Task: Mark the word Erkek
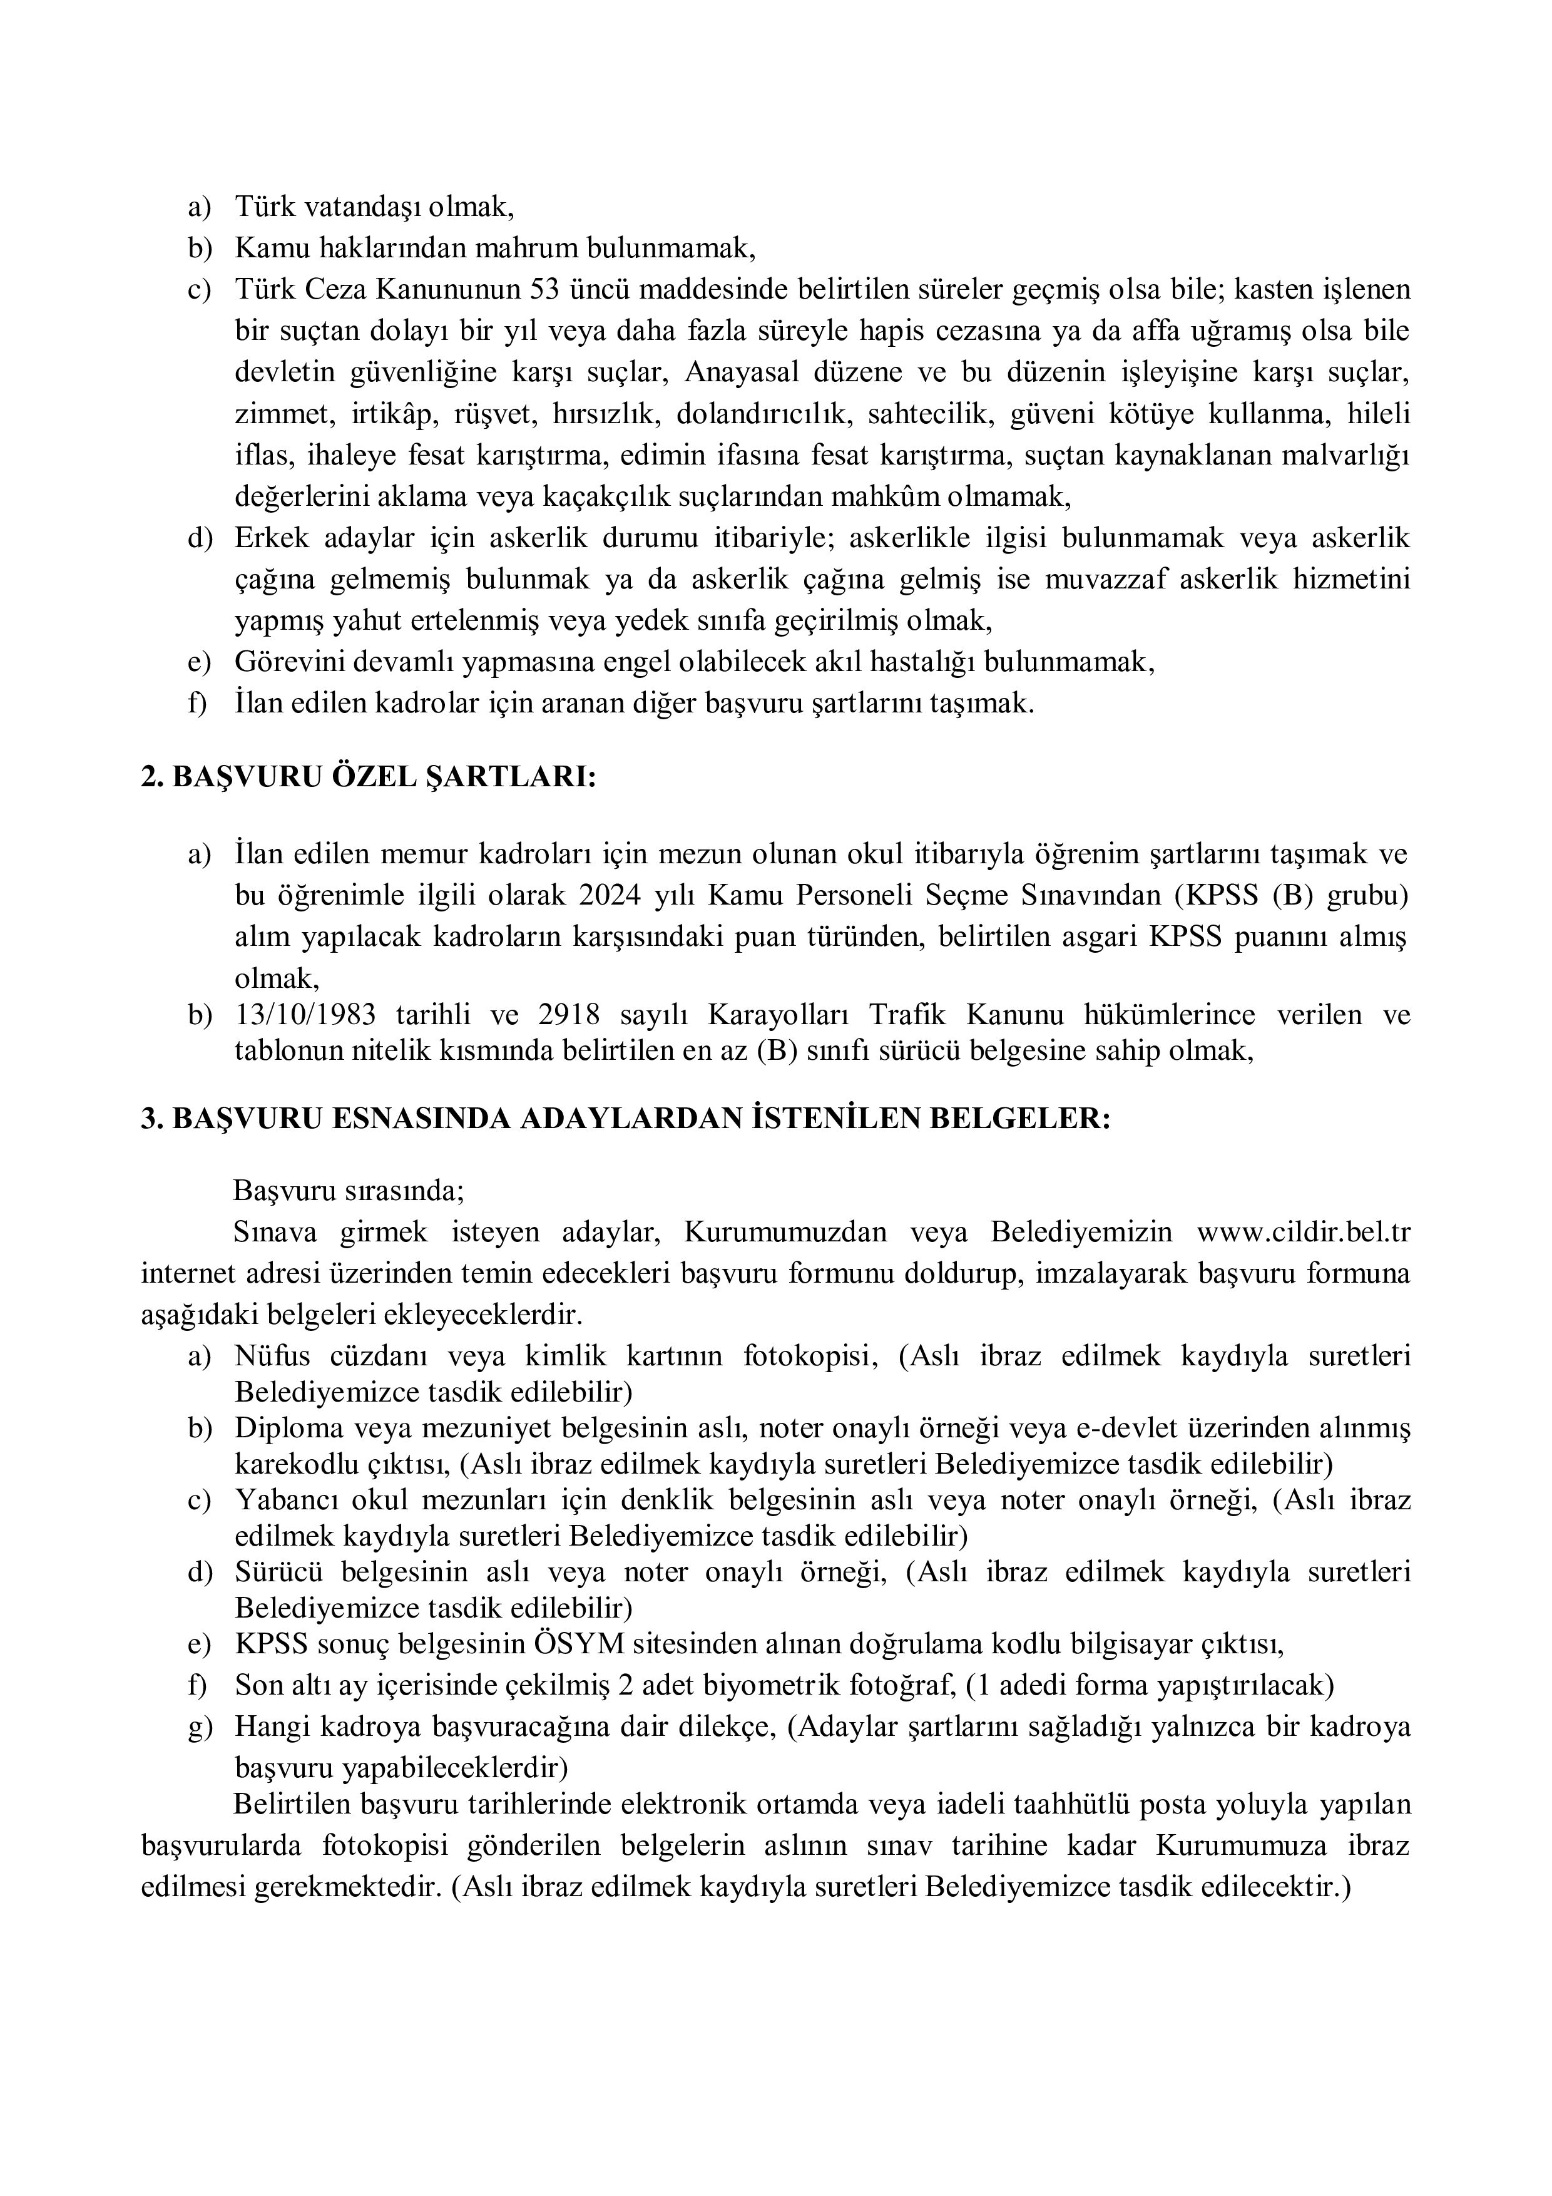click(272, 538)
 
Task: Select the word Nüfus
click(270, 1357)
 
